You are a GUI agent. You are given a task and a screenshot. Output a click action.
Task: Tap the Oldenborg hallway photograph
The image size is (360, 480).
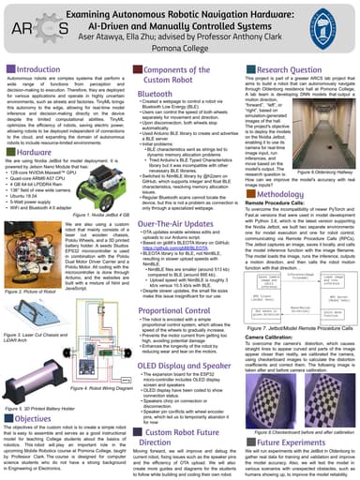tap(327, 130)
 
